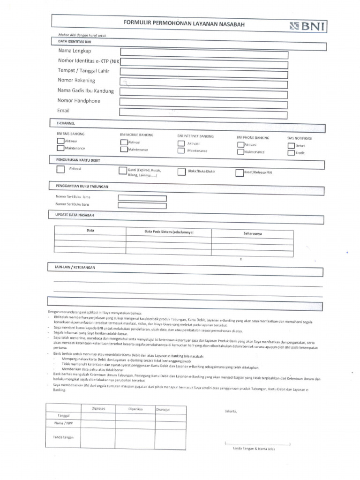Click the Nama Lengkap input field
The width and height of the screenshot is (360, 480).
[204, 52]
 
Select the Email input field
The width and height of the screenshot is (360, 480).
[203, 112]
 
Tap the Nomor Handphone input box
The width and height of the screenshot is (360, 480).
[203, 102]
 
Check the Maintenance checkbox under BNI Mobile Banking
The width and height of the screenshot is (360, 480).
[124, 150]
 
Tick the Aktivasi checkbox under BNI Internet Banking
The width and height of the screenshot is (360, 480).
[181, 143]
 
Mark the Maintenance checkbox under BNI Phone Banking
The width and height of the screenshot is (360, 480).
[240, 152]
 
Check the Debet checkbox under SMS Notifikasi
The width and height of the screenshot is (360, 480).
[291, 145]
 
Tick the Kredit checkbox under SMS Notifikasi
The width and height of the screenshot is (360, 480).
[291, 153]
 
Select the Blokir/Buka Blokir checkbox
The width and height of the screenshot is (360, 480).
[181, 172]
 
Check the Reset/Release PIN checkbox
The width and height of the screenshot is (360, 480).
[240, 172]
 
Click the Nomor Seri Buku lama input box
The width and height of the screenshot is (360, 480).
[142, 198]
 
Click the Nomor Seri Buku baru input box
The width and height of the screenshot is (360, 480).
[142, 205]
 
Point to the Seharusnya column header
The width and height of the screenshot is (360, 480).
[253, 233]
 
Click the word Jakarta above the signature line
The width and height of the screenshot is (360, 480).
[231, 412]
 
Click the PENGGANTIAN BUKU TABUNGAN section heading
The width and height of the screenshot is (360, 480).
[80, 186]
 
